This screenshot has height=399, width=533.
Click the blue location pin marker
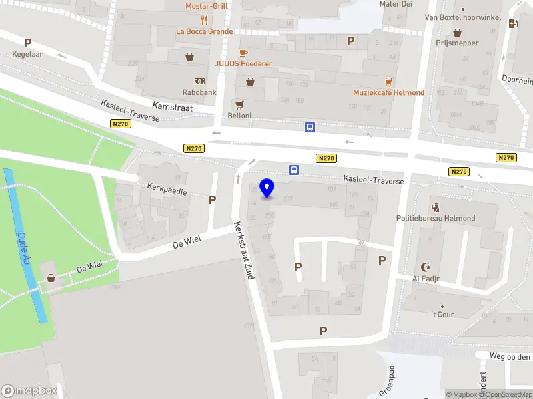click(x=267, y=188)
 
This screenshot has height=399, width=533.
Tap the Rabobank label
click(x=199, y=92)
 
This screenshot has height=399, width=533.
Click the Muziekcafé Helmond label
click(x=388, y=92)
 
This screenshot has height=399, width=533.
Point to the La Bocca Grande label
click(x=204, y=31)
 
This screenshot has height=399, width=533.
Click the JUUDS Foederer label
click(x=243, y=64)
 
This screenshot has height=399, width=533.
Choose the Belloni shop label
click(x=240, y=115)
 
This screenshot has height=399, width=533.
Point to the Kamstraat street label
click(x=172, y=106)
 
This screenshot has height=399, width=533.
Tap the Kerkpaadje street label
click(x=167, y=191)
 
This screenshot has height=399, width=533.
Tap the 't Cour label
click(x=442, y=314)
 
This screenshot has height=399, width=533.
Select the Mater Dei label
click(x=396, y=4)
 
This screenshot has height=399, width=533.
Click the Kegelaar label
click(x=27, y=54)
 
